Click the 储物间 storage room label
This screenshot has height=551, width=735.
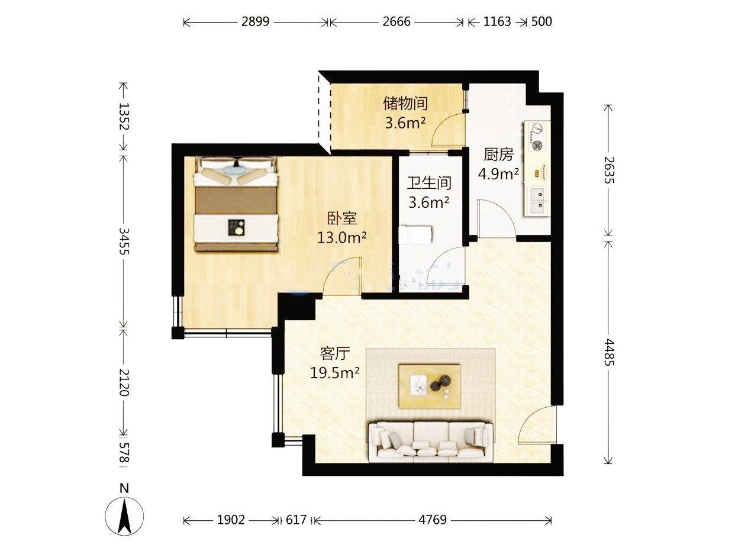[x=405, y=103]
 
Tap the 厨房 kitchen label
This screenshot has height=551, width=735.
[x=498, y=154]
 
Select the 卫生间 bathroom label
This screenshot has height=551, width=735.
[x=429, y=183]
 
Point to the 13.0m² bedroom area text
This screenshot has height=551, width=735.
[x=341, y=238]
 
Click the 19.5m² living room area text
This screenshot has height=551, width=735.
[x=335, y=373]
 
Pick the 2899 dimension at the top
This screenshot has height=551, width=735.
[x=256, y=22]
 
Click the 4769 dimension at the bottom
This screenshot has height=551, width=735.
[x=433, y=520]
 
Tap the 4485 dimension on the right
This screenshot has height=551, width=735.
[x=609, y=352]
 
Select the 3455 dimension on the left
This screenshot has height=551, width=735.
[x=124, y=241]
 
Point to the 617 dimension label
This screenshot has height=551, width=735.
[x=296, y=520]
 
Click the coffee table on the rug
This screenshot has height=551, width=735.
[x=430, y=386]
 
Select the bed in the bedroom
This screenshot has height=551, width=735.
[x=236, y=204]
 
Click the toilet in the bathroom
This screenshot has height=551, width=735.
[x=415, y=234]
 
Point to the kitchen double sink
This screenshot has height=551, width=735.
[x=537, y=201]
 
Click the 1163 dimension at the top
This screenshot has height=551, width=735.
[x=497, y=22]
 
